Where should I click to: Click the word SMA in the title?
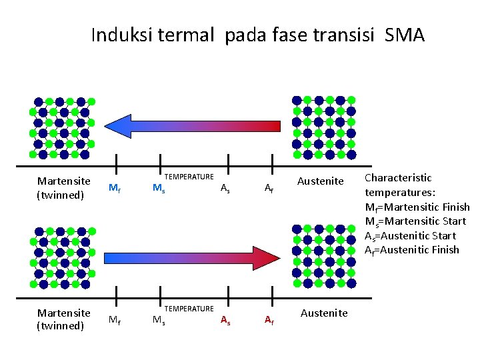(x=405, y=35)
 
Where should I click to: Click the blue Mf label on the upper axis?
(x=115, y=189)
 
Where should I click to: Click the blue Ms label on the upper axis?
(x=159, y=189)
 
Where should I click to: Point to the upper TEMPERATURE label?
(x=189, y=177)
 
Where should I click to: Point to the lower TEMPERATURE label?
(x=189, y=309)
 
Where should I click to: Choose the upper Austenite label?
(x=320, y=181)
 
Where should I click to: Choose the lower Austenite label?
(x=324, y=313)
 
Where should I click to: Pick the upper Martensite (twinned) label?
(x=64, y=187)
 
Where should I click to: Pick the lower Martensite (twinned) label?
(x=64, y=319)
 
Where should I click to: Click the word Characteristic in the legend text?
(x=398, y=178)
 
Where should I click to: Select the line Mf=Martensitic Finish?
(x=417, y=207)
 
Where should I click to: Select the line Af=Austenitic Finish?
(x=411, y=250)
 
